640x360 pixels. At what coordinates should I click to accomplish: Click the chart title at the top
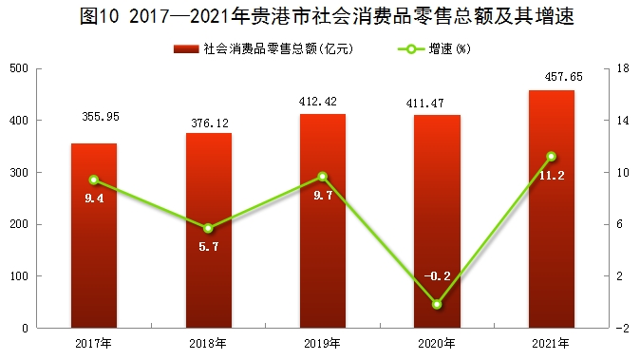coord(327,15)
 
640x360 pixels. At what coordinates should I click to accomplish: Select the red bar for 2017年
coord(94,236)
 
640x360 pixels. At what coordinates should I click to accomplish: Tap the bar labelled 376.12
coord(209,230)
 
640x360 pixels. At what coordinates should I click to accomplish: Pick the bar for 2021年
coord(552,209)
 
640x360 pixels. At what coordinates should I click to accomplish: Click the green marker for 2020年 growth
coord(437,305)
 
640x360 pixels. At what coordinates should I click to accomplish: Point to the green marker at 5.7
coord(208,228)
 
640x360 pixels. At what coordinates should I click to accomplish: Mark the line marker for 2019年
coord(323,177)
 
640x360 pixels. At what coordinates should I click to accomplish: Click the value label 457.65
coord(564,77)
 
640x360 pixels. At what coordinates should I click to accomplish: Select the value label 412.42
coord(317,102)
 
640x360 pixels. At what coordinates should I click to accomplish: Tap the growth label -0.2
coord(437,276)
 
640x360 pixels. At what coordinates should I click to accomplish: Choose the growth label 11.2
coord(552,176)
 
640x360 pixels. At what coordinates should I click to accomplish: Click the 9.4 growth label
coord(94,199)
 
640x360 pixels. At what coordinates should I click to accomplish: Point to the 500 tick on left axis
coord(19,68)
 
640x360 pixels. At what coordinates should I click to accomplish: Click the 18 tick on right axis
coord(623,68)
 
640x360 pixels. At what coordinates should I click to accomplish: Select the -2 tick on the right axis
coord(622,328)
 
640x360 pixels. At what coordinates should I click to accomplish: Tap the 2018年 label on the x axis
coord(208,344)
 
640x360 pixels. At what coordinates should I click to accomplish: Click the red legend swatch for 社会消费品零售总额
coord(186,49)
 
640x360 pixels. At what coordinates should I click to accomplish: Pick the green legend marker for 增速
coord(410,49)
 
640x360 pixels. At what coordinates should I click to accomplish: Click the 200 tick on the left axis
coord(19,224)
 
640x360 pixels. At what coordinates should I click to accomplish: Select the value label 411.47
coord(424,104)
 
